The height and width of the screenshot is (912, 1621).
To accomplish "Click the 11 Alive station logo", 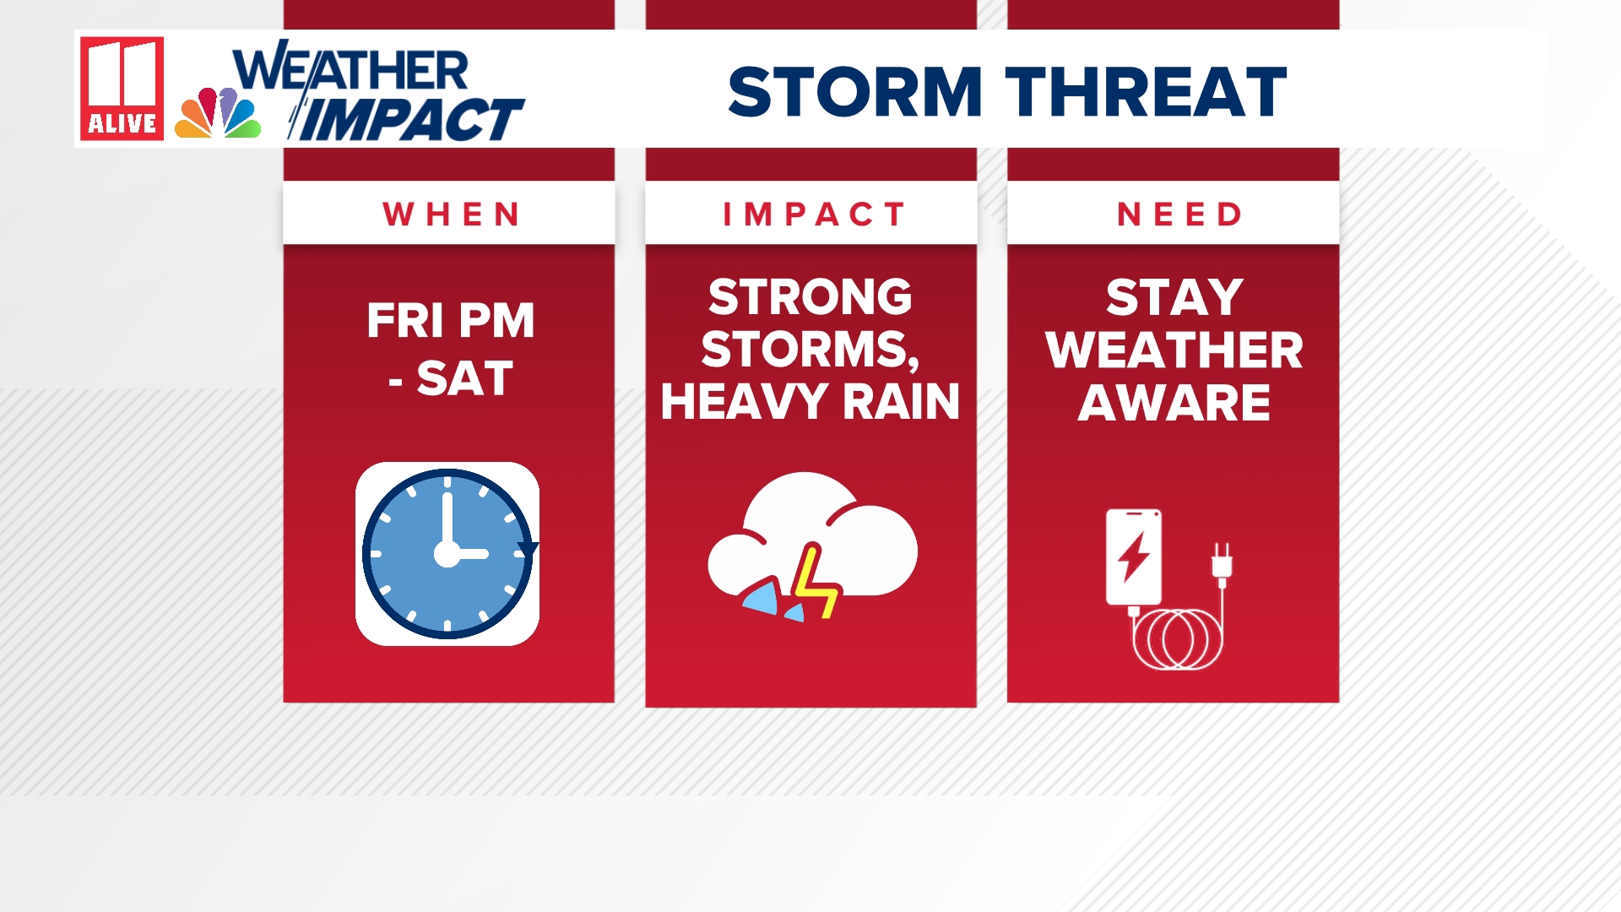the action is [x=122, y=89].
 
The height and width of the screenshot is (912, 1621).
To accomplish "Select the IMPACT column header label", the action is [x=814, y=214].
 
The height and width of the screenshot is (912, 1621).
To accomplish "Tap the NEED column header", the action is [x=1179, y=214].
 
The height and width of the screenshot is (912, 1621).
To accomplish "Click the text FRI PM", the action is [x=451, y=321].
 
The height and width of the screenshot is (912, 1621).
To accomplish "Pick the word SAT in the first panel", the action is [x=464, y=378].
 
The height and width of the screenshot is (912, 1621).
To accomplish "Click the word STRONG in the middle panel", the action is [x=810, y=297].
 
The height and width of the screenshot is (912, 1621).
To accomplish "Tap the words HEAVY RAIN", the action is [x=810, y=401].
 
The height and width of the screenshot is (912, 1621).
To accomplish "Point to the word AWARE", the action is [x=1174, y=402].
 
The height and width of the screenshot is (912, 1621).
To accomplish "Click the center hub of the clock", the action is [x=447, y=554].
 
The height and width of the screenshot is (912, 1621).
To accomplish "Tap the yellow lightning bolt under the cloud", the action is [x=815, y=583].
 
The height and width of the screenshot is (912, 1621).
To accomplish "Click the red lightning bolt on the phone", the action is [x=1134, y=556].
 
